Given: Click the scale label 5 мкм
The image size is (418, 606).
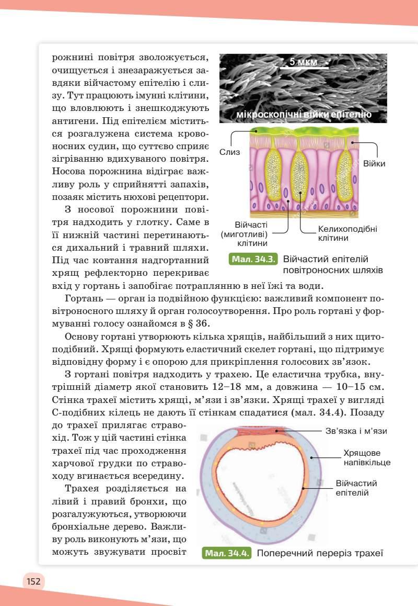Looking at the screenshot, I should pyautogui.click(x=303, y=62).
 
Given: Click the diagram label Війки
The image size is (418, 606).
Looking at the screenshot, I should pyautogui.click(x=374, y=164).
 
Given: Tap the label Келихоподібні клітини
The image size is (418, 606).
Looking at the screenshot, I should pyautogui.click(x=347, y=233).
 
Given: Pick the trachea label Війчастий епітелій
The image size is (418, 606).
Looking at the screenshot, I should pyautogui.click(x=356, y=488).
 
